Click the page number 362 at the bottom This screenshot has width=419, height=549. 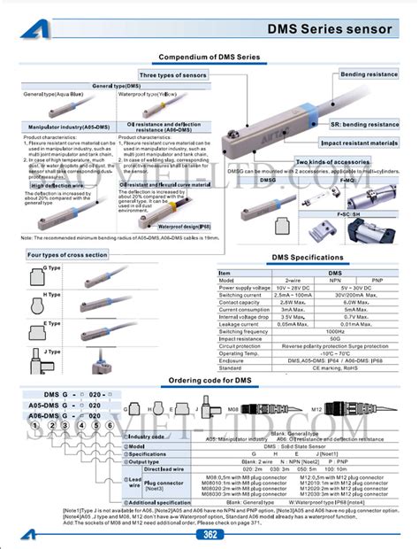(209, 534)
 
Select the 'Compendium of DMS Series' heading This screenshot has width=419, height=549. (209, 57)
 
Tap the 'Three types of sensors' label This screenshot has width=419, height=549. (172, 76)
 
